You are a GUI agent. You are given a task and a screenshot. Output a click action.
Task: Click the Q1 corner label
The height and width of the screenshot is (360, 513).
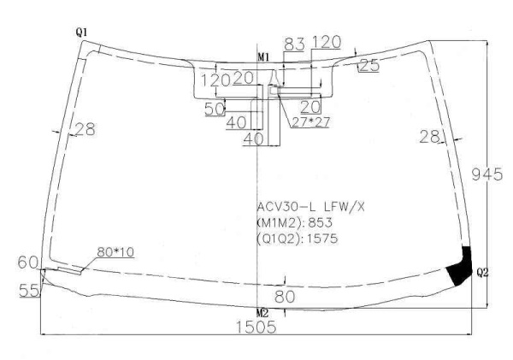81,32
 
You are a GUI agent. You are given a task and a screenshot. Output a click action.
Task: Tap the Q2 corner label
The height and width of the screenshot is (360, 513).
482,272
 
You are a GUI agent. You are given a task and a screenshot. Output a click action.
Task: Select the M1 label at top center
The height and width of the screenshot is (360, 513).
263,58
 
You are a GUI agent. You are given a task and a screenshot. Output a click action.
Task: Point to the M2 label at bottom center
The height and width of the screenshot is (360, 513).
262,313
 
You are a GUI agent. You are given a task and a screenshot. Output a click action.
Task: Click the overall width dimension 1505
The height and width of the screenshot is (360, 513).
256,327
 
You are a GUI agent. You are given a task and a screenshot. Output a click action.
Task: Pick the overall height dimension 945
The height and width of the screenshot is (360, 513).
486,174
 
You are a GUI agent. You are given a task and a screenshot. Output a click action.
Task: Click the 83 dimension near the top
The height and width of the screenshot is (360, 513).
294,44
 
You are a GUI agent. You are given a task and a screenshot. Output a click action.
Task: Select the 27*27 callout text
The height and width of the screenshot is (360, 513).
310,122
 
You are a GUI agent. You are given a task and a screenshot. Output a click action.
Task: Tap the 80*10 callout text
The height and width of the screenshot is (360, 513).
115,252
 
